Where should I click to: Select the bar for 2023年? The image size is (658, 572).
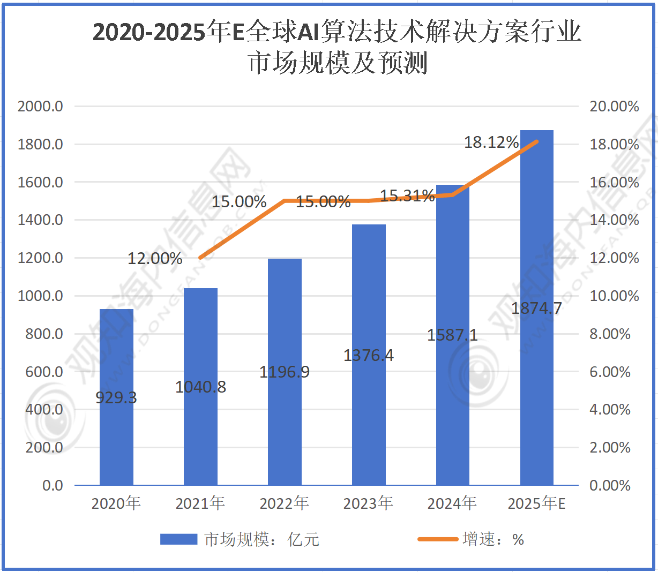(369, 407)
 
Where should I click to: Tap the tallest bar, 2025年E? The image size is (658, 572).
(537, 375)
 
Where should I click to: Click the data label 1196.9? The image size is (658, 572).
(285, 372)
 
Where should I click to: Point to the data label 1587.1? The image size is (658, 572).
(452, 335)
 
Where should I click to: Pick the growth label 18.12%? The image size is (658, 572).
(491, 142)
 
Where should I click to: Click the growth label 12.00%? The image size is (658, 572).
(155, 259)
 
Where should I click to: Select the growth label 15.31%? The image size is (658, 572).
(407, 196)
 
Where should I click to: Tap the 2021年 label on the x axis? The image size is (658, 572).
(200, 503)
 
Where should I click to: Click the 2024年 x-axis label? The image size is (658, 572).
(452, 503)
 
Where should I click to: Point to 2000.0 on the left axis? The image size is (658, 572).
(40, 106)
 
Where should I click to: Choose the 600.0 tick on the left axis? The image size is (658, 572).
(44, 372)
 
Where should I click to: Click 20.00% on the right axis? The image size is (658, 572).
(614, 106)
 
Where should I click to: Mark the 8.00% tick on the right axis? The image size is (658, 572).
(610, 334)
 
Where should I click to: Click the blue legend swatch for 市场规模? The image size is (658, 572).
(178, 539)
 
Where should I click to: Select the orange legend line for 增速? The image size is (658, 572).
(438, 539)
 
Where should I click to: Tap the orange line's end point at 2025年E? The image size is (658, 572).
(537, 141)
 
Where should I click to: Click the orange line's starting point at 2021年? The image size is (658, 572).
(200, 258)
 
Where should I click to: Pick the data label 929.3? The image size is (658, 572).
(116, 398)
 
